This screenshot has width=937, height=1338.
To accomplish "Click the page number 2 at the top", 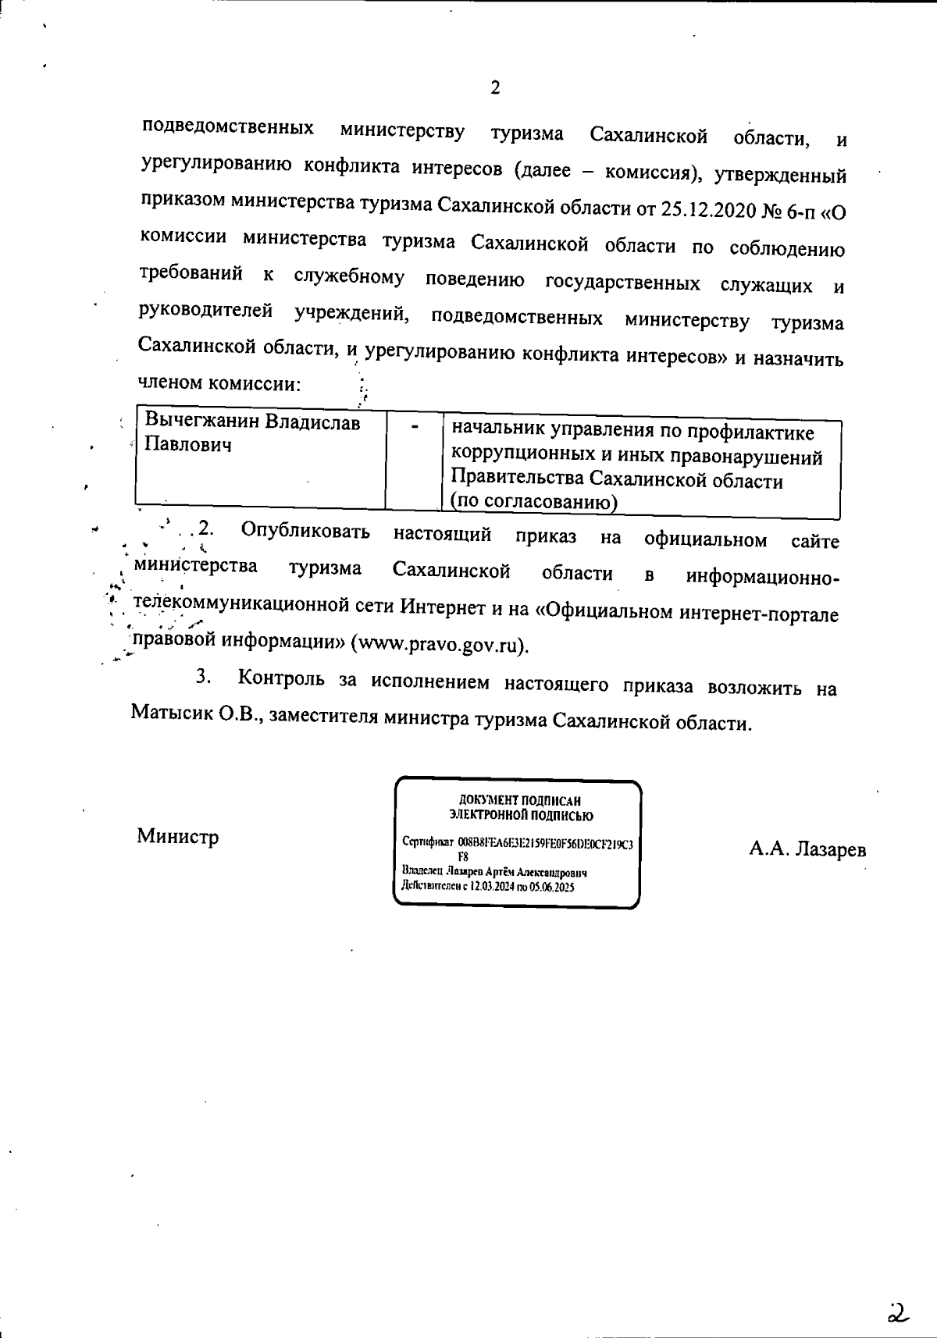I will tap(494, 87).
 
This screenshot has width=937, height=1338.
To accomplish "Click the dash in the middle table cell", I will tap(415, 426).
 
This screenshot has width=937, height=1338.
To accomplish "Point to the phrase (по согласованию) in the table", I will tap(534, 502).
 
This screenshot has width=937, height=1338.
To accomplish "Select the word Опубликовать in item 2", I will tap(305, 532).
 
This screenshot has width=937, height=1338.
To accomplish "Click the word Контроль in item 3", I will tap(281, 678).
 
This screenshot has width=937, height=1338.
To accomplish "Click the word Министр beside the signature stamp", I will tap(178, 837).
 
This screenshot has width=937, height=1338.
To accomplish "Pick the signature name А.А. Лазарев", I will tap(807, 849).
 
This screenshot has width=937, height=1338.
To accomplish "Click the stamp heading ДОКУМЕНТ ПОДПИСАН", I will tap(519, 801).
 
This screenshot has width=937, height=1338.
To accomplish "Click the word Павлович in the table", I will tap(188, 446).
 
